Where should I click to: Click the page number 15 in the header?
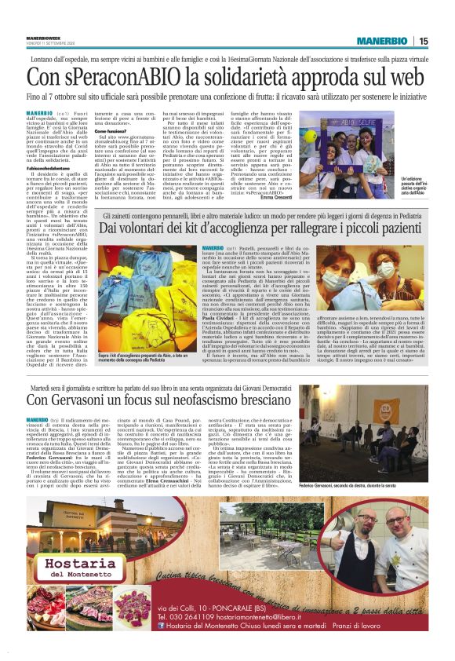tap(444, 41)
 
